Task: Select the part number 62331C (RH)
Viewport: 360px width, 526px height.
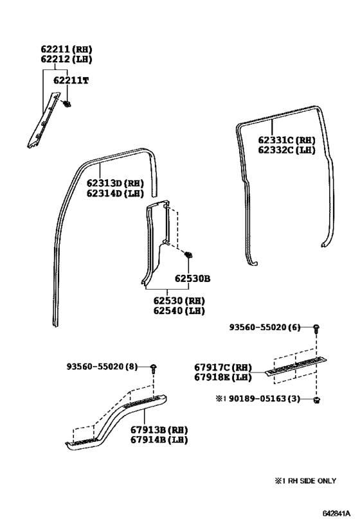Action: (x=287, y=139)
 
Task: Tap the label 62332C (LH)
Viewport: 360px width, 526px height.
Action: (x=287, y=150)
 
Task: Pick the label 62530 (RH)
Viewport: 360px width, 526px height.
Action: (x=178, y=301)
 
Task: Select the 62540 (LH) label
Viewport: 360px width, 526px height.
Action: (x=178, y=311)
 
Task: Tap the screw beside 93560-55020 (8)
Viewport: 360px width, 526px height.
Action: (x=154, y=368)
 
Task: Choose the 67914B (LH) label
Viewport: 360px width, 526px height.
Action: (x=157, y=439)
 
